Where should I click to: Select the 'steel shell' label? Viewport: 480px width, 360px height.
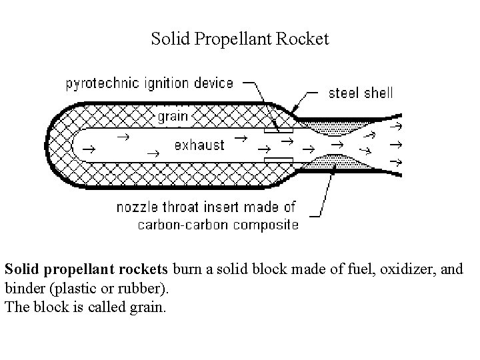(361, 93)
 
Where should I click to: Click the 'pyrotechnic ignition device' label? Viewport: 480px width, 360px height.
(149, 83)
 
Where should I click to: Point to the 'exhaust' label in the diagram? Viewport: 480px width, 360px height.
(199, 145)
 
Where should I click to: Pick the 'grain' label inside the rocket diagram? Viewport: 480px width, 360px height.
(173, 116)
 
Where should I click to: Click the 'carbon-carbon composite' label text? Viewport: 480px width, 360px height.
(218, 224)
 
